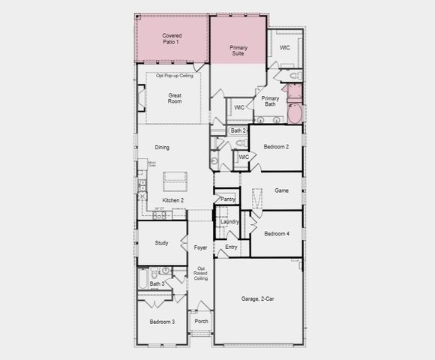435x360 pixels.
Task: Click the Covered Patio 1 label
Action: (x=172, y=38)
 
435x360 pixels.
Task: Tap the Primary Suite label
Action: (x=238, y=52)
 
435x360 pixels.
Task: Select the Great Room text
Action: (x=175, y=97)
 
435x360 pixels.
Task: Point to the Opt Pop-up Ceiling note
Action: (x=175, y=76)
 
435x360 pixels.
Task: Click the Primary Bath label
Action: (x=270, y=101)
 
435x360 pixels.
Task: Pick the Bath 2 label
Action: (x=238, y=130)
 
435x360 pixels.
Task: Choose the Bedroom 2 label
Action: (x=276, y=147)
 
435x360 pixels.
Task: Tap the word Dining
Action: (x=162, y=148)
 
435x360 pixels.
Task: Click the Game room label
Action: (x=281, y=190)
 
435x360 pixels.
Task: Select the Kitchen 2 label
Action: (x=173, y=200)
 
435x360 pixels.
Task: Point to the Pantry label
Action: (x=228, y=199)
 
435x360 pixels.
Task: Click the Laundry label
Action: (x=229, y=222)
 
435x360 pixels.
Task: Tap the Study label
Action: (x=162, y=243)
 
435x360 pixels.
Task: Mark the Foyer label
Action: (x=200, y=247)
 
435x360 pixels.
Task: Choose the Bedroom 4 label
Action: (x=277, y=234)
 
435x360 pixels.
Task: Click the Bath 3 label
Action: (x=157, y=284)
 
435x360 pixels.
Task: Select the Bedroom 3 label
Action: (x=162, y=322)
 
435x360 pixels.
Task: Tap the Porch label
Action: (x=201, y=321)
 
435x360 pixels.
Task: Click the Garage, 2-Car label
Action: (x=257, y=299)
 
